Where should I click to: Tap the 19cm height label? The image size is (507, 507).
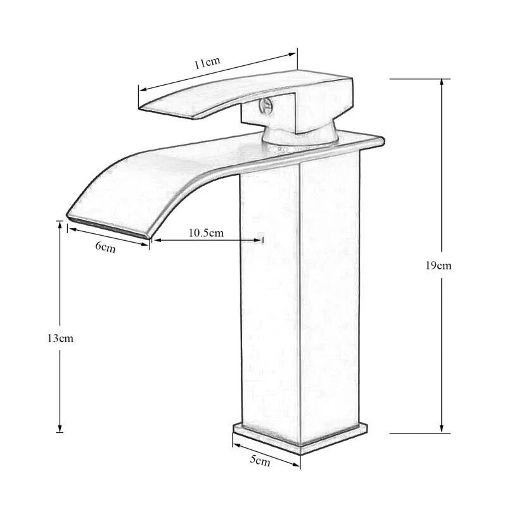[438, 266]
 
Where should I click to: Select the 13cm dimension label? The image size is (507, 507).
[60, 338]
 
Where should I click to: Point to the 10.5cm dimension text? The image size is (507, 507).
[206, 233]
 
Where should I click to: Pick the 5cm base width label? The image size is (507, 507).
[260, 461]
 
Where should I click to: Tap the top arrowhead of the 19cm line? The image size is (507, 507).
[441, 83]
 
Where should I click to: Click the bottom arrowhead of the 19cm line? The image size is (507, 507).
[441, 429]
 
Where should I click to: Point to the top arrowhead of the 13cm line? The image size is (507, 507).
[60, 225]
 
